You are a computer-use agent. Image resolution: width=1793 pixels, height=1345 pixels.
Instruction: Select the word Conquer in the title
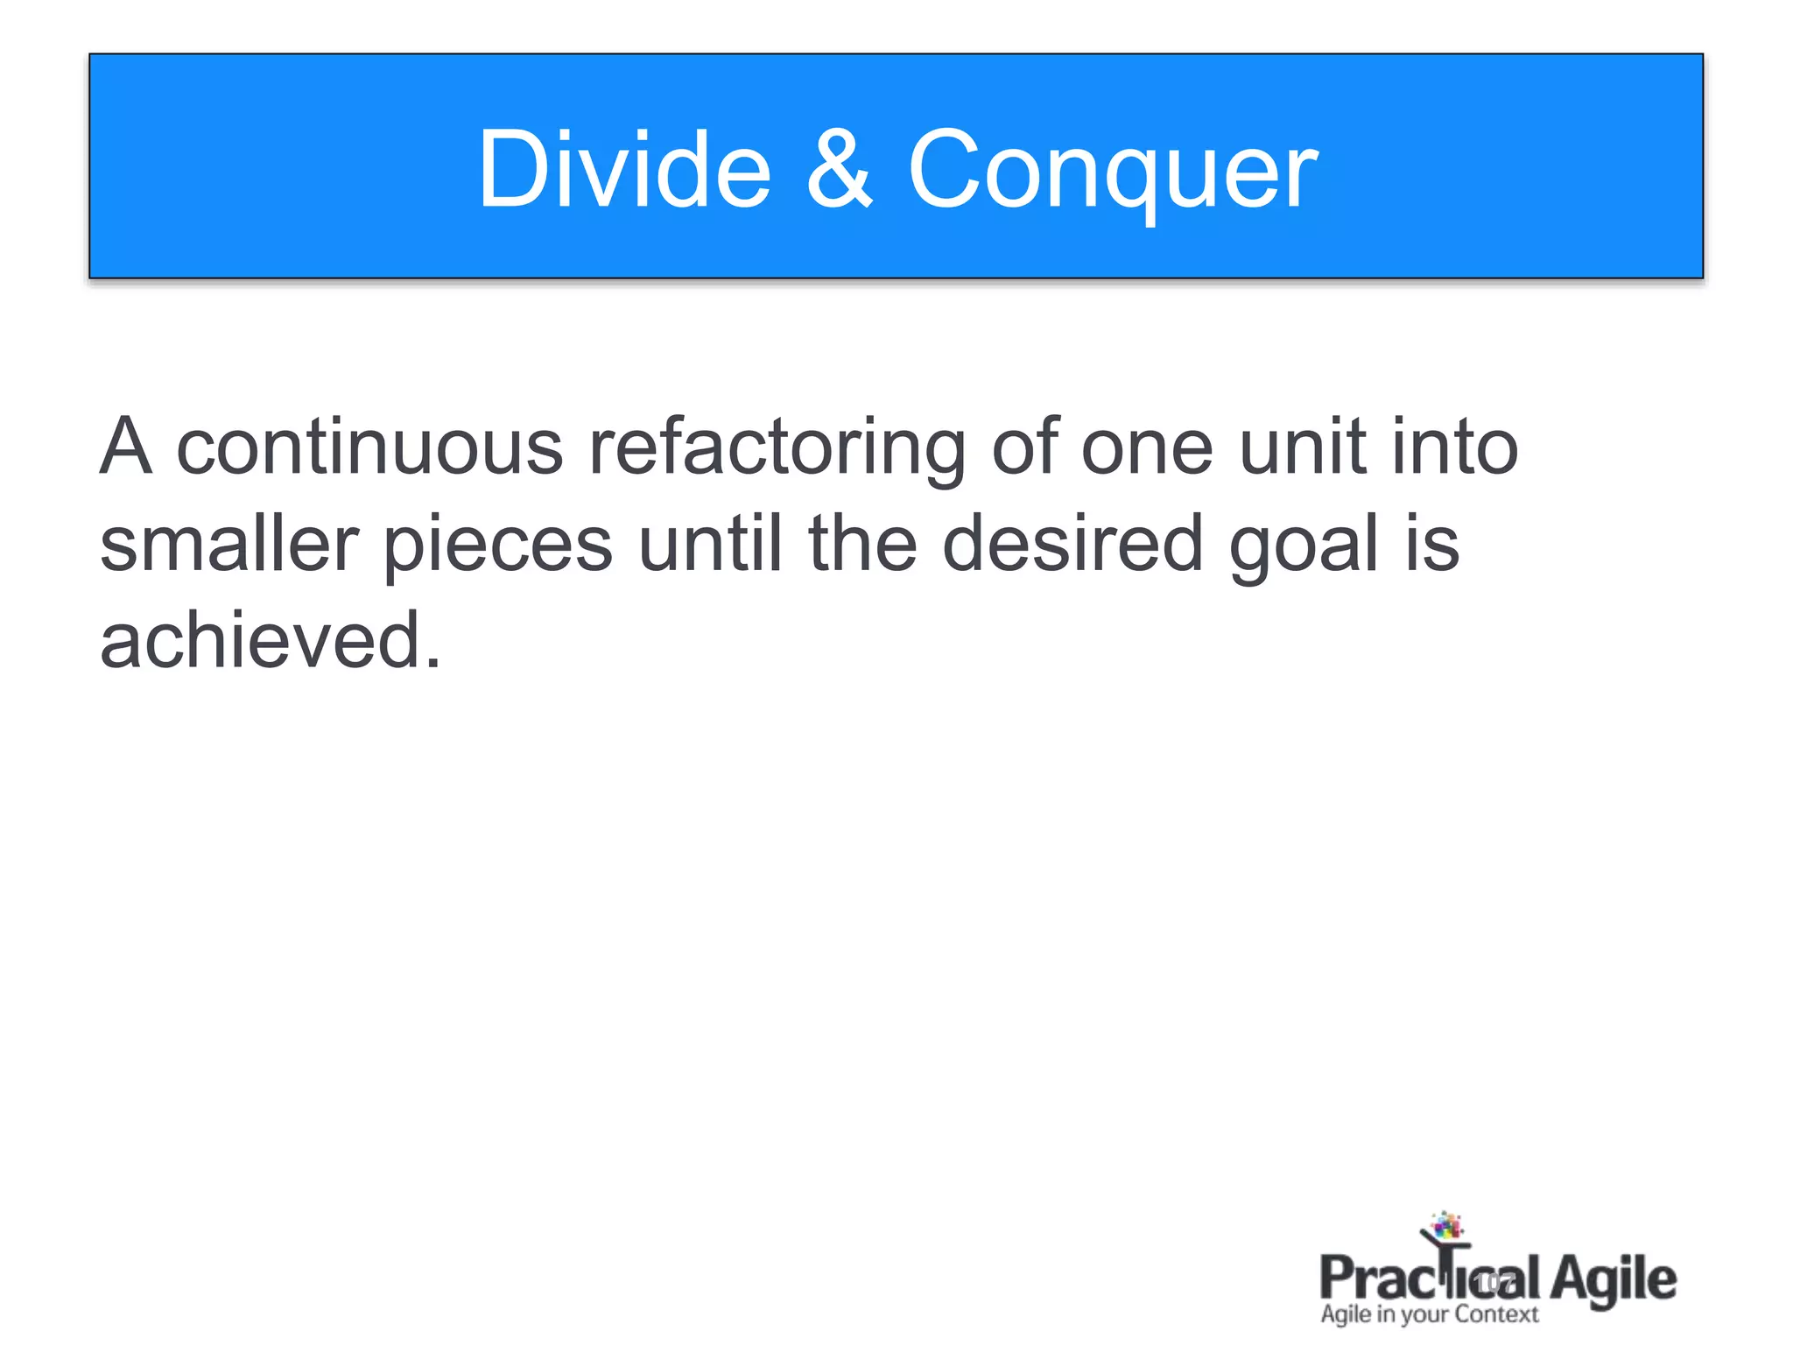point(1112,172)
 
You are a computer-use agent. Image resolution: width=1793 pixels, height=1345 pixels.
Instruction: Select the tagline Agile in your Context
point(1429,1315)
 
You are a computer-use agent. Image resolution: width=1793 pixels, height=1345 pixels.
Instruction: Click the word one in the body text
point(1147,449)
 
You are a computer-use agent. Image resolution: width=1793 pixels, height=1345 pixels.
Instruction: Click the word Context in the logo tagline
point(1496,1314)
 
